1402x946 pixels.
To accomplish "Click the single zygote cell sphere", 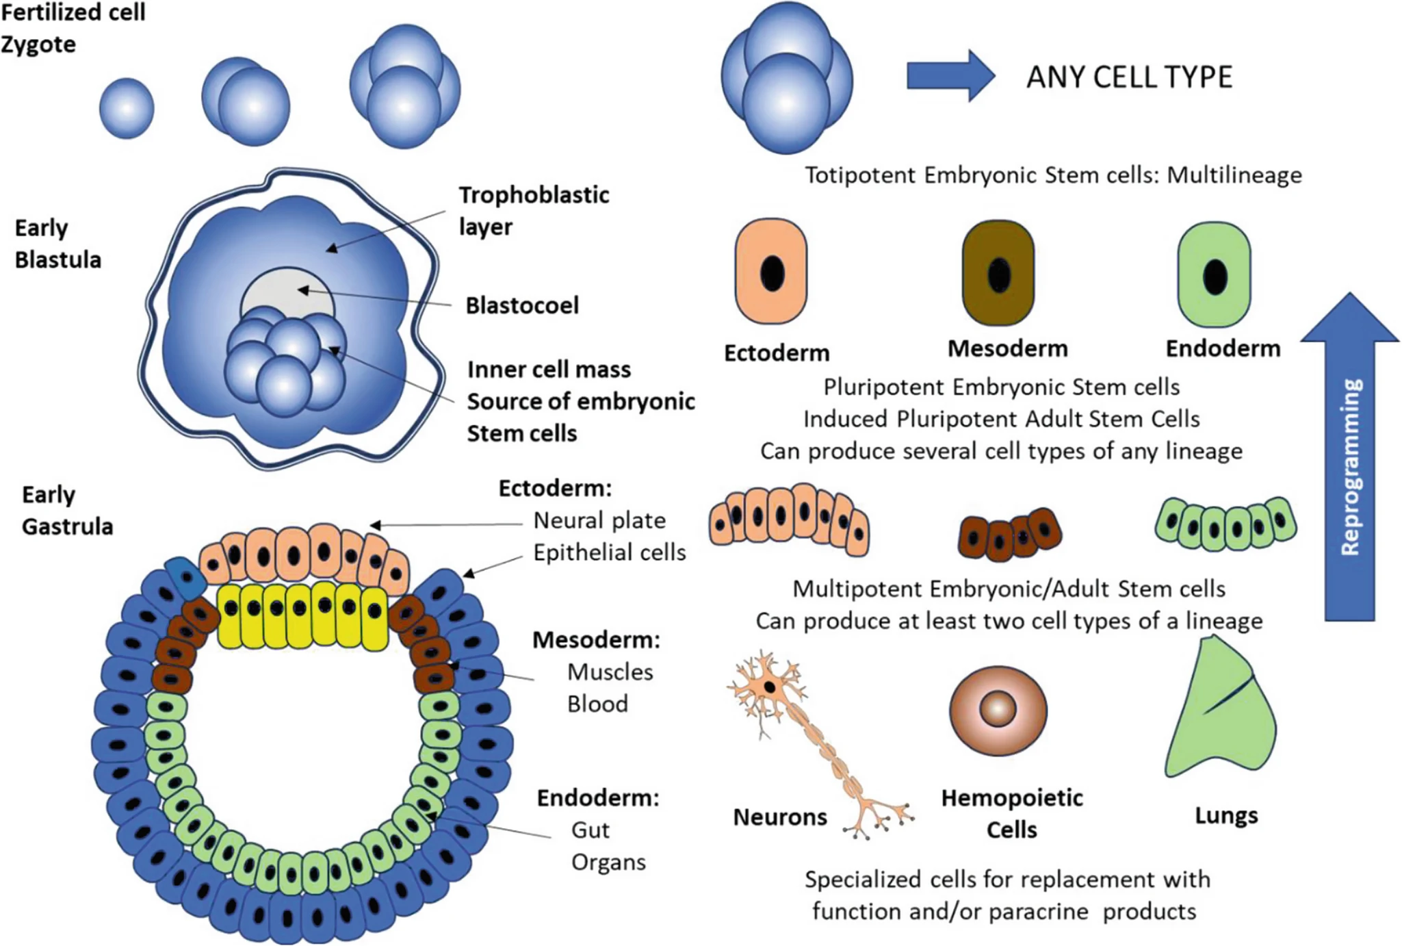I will point(127,108).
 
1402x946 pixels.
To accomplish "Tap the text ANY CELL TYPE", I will point(1129,77).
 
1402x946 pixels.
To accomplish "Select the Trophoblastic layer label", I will point(533,210).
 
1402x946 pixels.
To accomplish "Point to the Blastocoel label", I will point(522,305).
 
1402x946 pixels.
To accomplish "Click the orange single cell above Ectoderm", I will point(771,272).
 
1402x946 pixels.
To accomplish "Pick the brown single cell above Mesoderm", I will point(998,273).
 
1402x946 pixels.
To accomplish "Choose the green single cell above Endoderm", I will point(1215,274).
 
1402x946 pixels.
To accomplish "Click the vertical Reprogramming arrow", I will point(1350,465).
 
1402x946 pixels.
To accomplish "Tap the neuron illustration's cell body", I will point(770,686).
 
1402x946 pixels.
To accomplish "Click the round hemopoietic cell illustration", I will point(998,710).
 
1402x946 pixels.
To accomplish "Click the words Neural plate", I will point(599,520).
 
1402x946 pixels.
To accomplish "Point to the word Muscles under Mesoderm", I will point(610,672).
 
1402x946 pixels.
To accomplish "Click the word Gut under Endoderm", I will point(590,830).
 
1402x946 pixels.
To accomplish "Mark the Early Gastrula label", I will point(66,511).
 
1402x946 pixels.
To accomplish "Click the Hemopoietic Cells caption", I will point(1012,814).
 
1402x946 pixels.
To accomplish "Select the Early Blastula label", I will point(57,244).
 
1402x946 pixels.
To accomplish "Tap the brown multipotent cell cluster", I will point(1010,534).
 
